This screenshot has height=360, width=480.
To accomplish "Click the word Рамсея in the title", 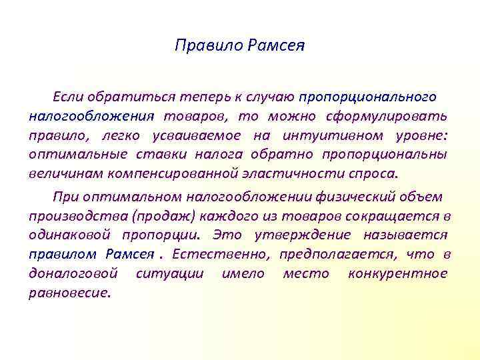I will [275, 46].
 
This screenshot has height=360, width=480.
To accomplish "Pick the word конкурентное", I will [398, 274].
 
